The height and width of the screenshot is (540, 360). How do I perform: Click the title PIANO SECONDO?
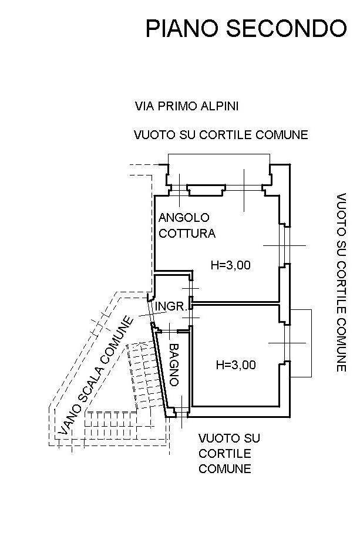tap(246, 28)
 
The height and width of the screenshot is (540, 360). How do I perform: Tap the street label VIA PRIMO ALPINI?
tap(187, 106)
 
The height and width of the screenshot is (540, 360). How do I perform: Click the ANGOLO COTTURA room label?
tap(187, 225)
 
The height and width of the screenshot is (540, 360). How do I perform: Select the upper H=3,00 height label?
tap(230, 265)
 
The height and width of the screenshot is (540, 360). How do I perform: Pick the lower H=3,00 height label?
tap(235, 365)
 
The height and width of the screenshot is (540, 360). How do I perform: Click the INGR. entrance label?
tap(171, 306)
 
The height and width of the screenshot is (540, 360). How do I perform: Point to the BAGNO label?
tap(174, 365)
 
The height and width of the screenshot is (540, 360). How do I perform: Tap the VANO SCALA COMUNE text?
tap(95, 376)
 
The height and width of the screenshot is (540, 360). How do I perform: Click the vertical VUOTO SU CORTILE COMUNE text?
tap(341, 282)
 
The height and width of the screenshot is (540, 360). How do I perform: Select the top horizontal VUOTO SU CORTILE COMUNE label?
tap(221, 134)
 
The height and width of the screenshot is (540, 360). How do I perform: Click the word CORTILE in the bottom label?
tap(224, 454)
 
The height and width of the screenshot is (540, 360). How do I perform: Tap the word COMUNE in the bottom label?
tap(224, 469)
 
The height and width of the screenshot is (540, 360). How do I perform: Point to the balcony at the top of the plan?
tap(219, 154)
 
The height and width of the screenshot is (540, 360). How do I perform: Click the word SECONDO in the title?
tap(286, 28)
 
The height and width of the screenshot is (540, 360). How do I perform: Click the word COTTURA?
tap(187, 233)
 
